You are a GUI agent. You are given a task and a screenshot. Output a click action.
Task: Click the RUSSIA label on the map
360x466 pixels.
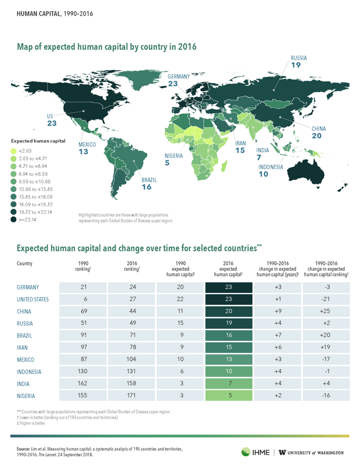[298, 58]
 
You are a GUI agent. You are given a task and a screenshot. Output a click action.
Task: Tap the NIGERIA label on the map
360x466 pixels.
[174, 156]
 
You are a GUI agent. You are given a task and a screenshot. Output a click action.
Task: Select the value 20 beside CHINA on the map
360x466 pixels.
[316, 136]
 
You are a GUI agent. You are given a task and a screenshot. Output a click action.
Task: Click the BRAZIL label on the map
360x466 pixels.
[149, 180]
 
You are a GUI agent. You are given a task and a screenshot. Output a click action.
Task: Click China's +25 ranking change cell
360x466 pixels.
[325, 311]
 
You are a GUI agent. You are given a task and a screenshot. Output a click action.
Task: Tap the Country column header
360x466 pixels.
[25, 263]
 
